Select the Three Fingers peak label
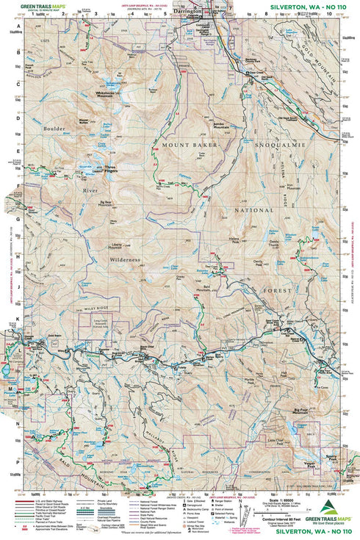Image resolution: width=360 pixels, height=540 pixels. tap(109, 168)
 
